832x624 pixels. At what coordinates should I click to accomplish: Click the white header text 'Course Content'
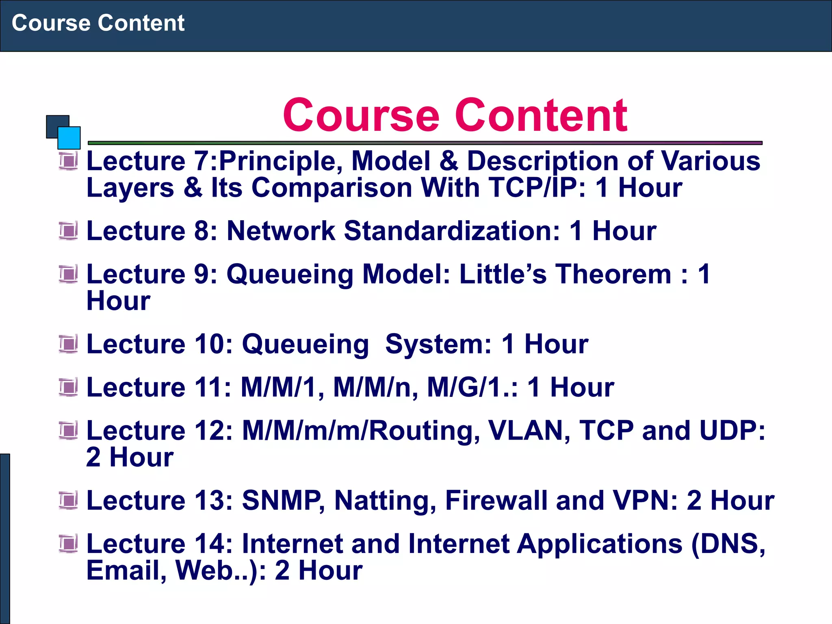tap(98, 23)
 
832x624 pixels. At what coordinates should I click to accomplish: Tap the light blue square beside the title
tap(69, 138)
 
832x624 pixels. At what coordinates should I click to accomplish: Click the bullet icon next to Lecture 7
tap(68, 161)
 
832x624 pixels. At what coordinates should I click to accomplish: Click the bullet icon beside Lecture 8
tap(68, 231)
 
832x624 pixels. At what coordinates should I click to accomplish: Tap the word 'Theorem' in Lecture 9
tap(613, 274)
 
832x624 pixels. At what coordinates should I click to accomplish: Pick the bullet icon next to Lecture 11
tap(68, 387)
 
